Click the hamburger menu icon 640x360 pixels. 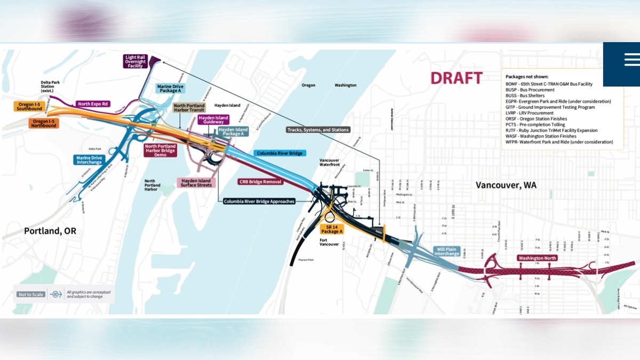(632, 59)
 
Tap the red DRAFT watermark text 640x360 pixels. (456, 78)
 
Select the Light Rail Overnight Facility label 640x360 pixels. (135, 61)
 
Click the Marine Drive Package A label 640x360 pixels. (171, 89)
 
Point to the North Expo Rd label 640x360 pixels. (93, 104)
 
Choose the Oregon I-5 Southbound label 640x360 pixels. (29, 107)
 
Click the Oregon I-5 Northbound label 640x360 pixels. (44, 123)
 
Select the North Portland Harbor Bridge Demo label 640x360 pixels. (159, 150)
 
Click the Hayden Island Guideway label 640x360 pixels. (213, 120)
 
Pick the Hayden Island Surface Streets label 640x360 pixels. (196, 183)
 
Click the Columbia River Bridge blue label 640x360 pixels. (279, 154)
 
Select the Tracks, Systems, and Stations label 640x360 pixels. (318, 130)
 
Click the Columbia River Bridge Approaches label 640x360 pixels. (259, 202)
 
